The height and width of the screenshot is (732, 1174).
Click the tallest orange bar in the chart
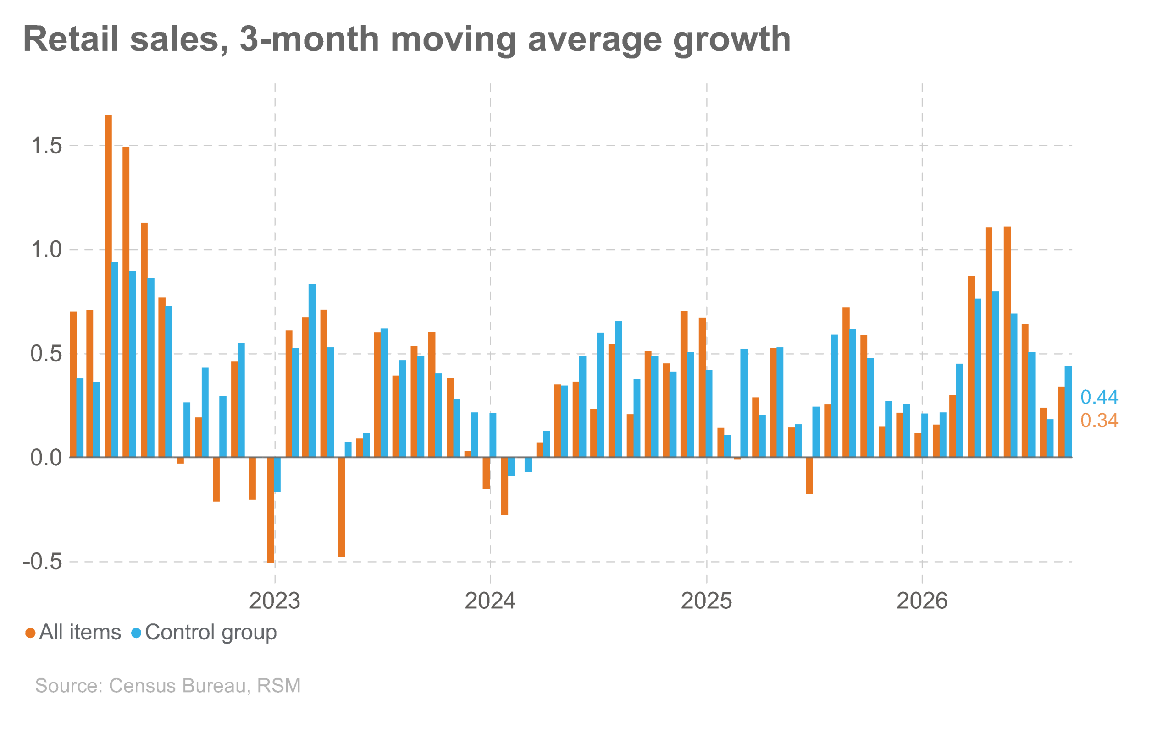click(108, 286)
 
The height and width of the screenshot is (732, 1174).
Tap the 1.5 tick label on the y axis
click(46, 146)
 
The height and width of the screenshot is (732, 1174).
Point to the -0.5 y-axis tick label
click(43, 562)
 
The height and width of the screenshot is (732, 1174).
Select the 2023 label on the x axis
click(275, 601)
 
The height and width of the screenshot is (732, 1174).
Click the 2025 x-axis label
click(706, 601)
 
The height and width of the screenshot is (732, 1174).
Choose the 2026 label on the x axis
click(922, 601)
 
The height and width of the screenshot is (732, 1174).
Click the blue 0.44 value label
click(1099, 397)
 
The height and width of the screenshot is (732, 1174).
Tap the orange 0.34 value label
click(1099, 420)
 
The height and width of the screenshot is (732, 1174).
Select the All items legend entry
click(73, 632)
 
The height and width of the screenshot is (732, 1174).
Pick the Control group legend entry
click(204, 633)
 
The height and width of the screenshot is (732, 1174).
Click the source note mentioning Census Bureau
click(168, 686)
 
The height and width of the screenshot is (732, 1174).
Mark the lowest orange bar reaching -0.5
click(271, 510)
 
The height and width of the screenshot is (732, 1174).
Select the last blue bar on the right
click(1069, 411)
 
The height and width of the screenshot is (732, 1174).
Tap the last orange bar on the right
click(1062, 422)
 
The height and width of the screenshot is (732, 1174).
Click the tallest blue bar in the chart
click(115, 360)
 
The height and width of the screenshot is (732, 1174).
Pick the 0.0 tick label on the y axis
click(46, 458)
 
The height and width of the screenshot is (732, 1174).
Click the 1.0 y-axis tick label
click(46, 250)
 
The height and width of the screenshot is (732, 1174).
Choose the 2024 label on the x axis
click(490, 601)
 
